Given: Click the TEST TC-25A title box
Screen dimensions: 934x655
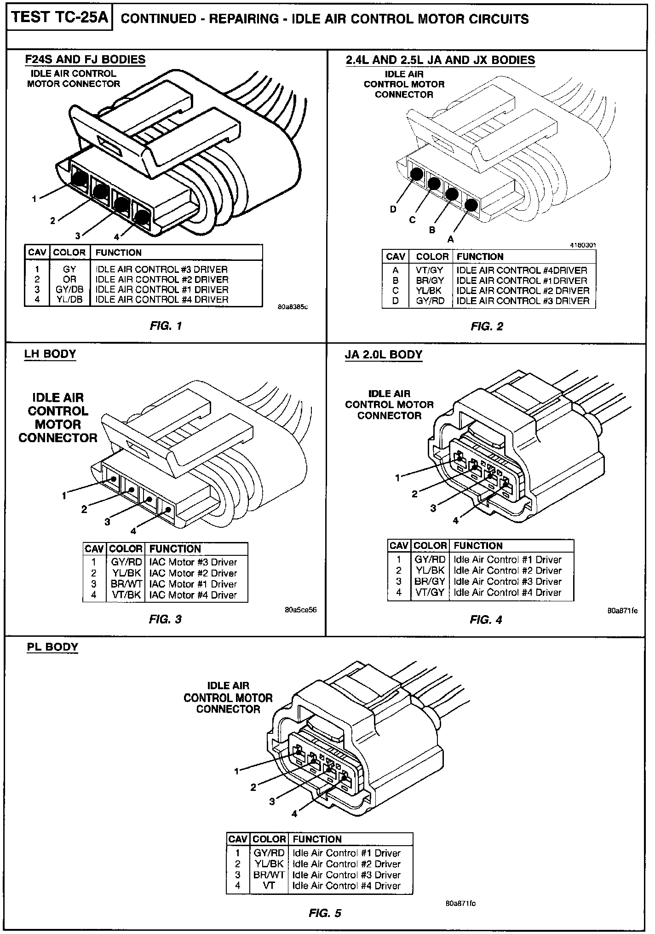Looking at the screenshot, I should [59, 18].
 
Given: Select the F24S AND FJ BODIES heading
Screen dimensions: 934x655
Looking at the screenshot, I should [85, 59].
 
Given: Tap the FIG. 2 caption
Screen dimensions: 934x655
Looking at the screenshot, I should [487, 327].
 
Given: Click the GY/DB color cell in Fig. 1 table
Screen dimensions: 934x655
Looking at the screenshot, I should [69, 289].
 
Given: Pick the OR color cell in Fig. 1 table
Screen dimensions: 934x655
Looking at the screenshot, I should [69, 279].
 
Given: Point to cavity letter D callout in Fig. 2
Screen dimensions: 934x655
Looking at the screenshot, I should [393, 209].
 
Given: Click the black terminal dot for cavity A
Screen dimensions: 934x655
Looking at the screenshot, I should [471, 204].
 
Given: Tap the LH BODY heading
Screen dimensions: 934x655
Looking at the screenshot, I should [50, 354].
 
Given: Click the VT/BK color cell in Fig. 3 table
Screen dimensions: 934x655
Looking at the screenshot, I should [126, 595].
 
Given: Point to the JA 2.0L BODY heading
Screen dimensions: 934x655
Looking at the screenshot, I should [383, 355].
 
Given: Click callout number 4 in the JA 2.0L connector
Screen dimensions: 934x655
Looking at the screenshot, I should [455, 520].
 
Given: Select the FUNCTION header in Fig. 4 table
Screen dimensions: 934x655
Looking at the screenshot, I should [478, 546].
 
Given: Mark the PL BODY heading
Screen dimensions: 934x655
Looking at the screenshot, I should [52, 646].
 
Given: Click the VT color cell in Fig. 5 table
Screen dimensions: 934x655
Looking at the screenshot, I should [269, 885].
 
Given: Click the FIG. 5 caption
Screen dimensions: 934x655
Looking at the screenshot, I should [325, 913].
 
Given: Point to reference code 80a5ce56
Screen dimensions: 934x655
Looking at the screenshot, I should [301, 610].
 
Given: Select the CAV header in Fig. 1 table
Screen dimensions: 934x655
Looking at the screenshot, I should [37, 253].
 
